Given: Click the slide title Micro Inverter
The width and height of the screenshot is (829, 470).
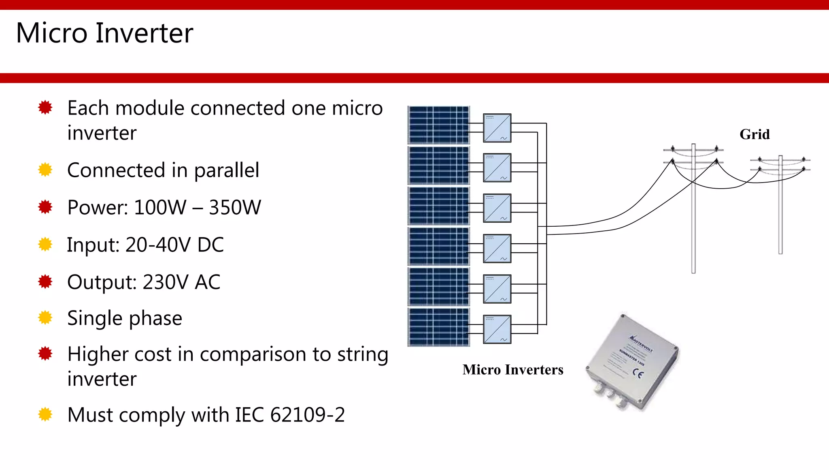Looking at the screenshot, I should click(x=104, y=33).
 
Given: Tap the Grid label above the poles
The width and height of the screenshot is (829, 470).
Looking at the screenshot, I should click(x=755, y=134).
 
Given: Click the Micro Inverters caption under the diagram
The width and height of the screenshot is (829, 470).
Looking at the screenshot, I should click(x=513, y=370).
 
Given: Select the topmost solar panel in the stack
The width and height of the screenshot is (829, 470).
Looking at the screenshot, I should click(x=438, y=125).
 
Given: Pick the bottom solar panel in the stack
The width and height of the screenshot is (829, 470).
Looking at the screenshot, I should click(x=438, y=327).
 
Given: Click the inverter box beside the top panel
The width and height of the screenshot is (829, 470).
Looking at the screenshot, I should click(x=497, y=128).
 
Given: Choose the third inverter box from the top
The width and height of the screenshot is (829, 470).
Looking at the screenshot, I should click(x=497, y=208).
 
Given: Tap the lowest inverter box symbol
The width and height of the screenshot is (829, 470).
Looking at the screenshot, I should click(x=497, y=329).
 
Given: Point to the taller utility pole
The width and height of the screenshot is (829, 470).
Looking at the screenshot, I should click(x=693, y=211).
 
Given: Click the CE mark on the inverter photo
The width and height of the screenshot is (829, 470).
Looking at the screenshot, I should click(x=638, y=374).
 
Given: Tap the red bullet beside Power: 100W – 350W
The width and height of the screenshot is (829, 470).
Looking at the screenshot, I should click(x=45, y=207).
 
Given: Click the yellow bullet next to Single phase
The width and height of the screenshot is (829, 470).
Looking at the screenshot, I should click(x=45, y=318).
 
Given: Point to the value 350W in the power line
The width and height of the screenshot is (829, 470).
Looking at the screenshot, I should click(x=235, y=208).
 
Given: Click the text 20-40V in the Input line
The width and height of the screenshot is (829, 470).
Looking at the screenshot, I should click(x=158, y=245).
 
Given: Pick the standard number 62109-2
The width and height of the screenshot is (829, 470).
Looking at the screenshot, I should click(x=307, y=415).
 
